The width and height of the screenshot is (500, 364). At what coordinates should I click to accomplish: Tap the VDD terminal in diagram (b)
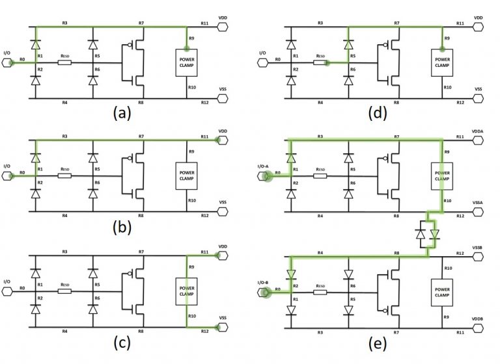(222, 138)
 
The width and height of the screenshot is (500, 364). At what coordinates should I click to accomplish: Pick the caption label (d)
(374, 114)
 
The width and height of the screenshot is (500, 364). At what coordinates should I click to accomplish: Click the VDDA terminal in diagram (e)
(479, 138)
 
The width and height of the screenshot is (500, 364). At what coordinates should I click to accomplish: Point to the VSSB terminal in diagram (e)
(479, 255)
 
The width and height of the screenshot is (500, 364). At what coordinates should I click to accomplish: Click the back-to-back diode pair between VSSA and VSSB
(427, 235)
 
